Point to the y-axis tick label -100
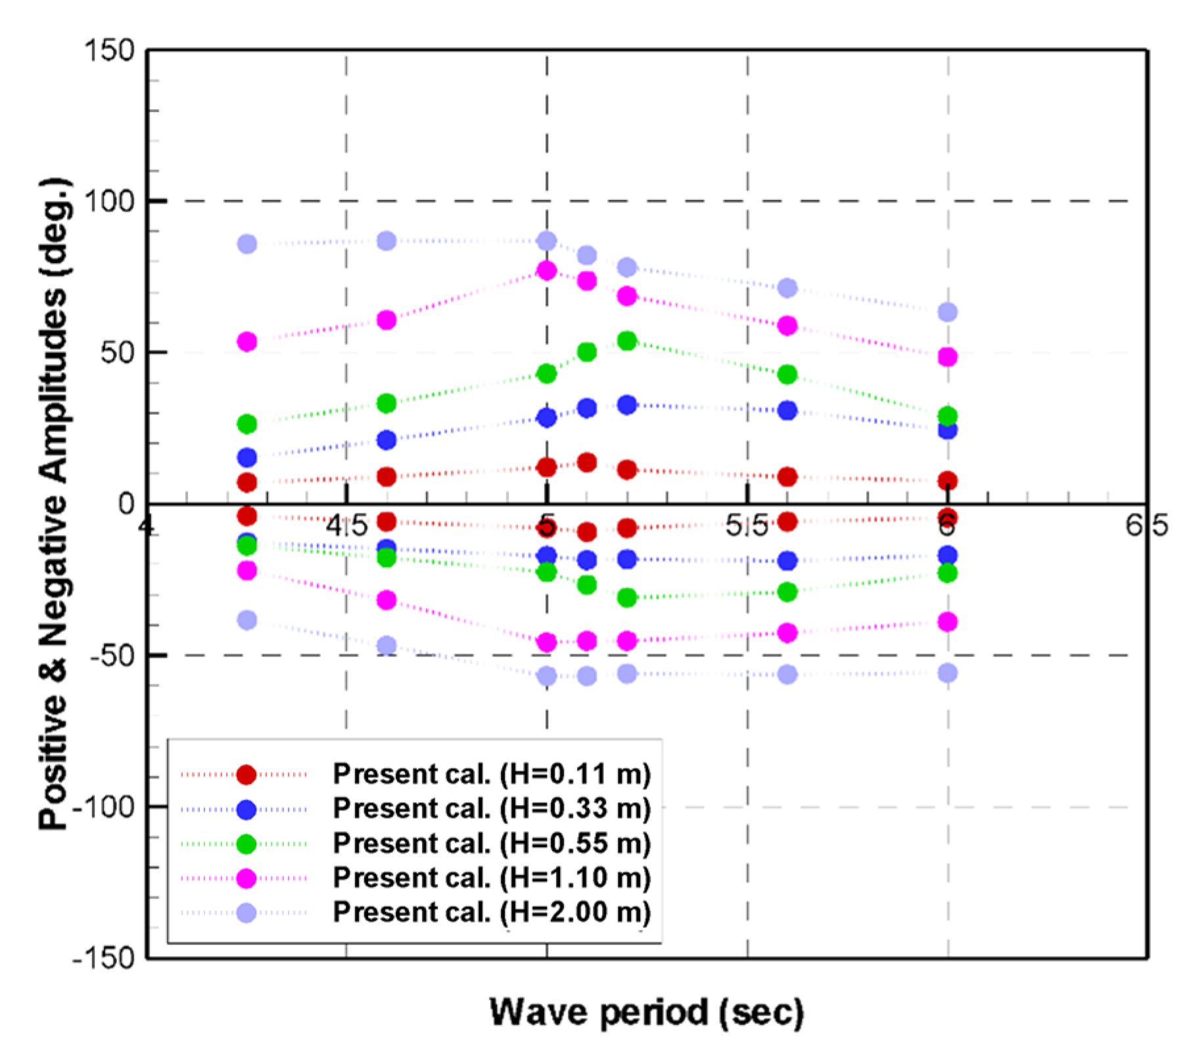tap(103, 806)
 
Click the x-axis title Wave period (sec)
tap(647, 1012)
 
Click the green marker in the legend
tap(246, 843)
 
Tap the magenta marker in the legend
tap(246, 878)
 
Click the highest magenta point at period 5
tap(547, 270)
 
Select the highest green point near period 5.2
tap(627, 341)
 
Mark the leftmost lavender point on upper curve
tap(247, 244)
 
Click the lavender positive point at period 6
tap(947, 312)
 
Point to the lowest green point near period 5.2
tap(627, 598)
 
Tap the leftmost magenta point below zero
tap(247, 570)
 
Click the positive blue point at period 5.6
tap(787, 410)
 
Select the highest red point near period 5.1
tap(587, 462)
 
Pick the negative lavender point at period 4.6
tap(387, 645)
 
